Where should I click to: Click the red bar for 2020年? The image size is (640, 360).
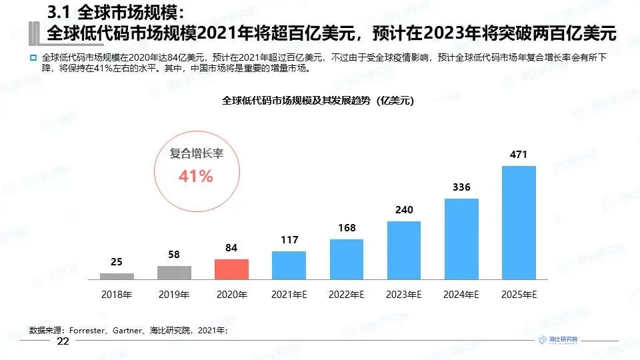coord(231,269)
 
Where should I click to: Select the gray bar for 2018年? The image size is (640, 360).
coord(117,275)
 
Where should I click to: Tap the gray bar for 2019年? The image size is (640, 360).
coord(174,272)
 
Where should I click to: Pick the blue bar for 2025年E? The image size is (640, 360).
coord(519,222)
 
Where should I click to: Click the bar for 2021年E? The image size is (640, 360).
coord(289,265)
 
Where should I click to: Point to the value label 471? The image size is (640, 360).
coord(519,155)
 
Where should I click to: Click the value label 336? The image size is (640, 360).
coord(461,187)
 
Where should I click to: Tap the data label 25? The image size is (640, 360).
coord(117,262)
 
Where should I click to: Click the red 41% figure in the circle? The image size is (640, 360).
coord(195,177)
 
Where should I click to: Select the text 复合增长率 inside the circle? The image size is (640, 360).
coord(195,154)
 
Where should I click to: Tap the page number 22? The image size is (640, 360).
coord(63,341)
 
